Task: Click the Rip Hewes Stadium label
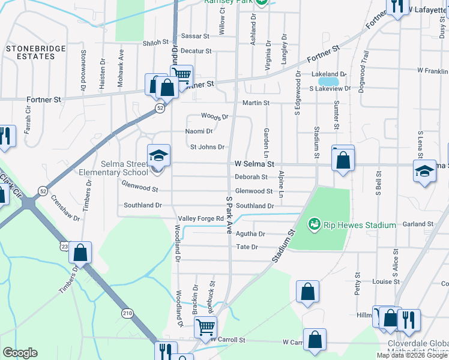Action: click(360, 225)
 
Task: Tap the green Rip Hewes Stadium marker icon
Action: click(313, 225)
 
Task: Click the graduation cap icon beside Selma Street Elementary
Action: click(159, 157)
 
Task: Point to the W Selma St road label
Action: click(254, 164)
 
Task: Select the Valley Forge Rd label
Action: click(200, 218)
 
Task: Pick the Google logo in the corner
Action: click(20, 353)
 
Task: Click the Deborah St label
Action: click(251, 177)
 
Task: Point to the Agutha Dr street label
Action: click(251, 233)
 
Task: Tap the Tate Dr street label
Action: click(247, 247)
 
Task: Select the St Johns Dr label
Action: click(207, 147)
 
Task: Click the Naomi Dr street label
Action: click(199, 131)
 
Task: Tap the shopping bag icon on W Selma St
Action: click(343, 160)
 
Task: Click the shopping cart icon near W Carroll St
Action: click(205, 328)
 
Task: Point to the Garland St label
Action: click(418, 224)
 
